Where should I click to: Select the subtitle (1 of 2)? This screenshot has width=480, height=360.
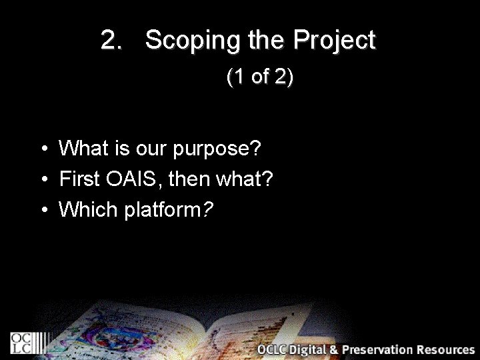click(x=260, y=77)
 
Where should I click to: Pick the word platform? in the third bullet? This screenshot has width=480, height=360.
click(x=169, y=210)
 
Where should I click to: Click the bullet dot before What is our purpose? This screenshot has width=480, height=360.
click(x=42, y=149)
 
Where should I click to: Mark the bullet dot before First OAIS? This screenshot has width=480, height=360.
click(x=42, y=179)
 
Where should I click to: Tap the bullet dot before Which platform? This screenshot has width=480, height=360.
click(x=42, y=210)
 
